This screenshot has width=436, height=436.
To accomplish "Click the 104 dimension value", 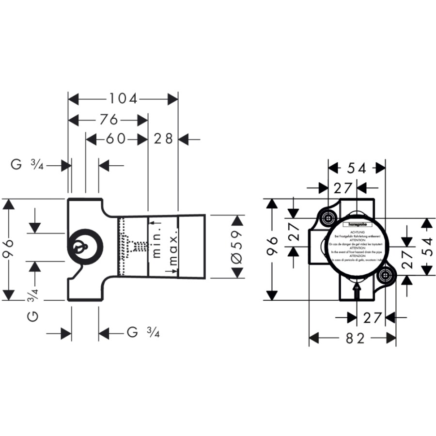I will pos(123,99).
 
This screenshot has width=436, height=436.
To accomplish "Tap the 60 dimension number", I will pos(116,140).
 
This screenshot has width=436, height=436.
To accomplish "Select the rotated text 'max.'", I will pos(173,248).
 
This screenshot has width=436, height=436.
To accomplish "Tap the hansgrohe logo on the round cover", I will pos(358,225).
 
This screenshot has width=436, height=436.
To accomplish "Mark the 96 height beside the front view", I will pos(273,249).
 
